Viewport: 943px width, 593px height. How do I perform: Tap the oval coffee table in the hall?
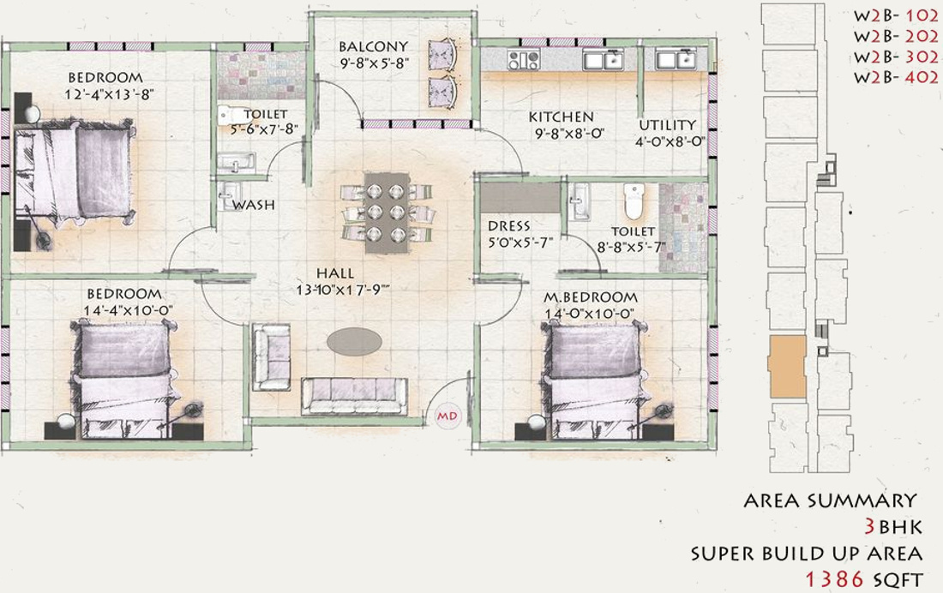354,340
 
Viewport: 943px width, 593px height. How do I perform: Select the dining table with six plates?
386,213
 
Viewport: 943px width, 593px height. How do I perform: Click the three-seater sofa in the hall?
354,396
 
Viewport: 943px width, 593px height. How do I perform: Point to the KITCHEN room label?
561,117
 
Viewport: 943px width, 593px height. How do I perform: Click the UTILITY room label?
667,125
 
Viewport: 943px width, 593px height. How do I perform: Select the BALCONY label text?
373,46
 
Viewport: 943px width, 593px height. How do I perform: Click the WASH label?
254,205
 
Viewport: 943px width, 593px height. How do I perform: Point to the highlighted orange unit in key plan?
788,367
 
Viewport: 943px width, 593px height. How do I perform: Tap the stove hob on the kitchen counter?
523,60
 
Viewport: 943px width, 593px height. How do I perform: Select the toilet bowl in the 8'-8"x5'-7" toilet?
634,202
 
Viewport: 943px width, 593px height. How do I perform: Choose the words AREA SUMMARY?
830,500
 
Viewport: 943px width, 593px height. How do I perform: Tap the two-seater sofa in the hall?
272,356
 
